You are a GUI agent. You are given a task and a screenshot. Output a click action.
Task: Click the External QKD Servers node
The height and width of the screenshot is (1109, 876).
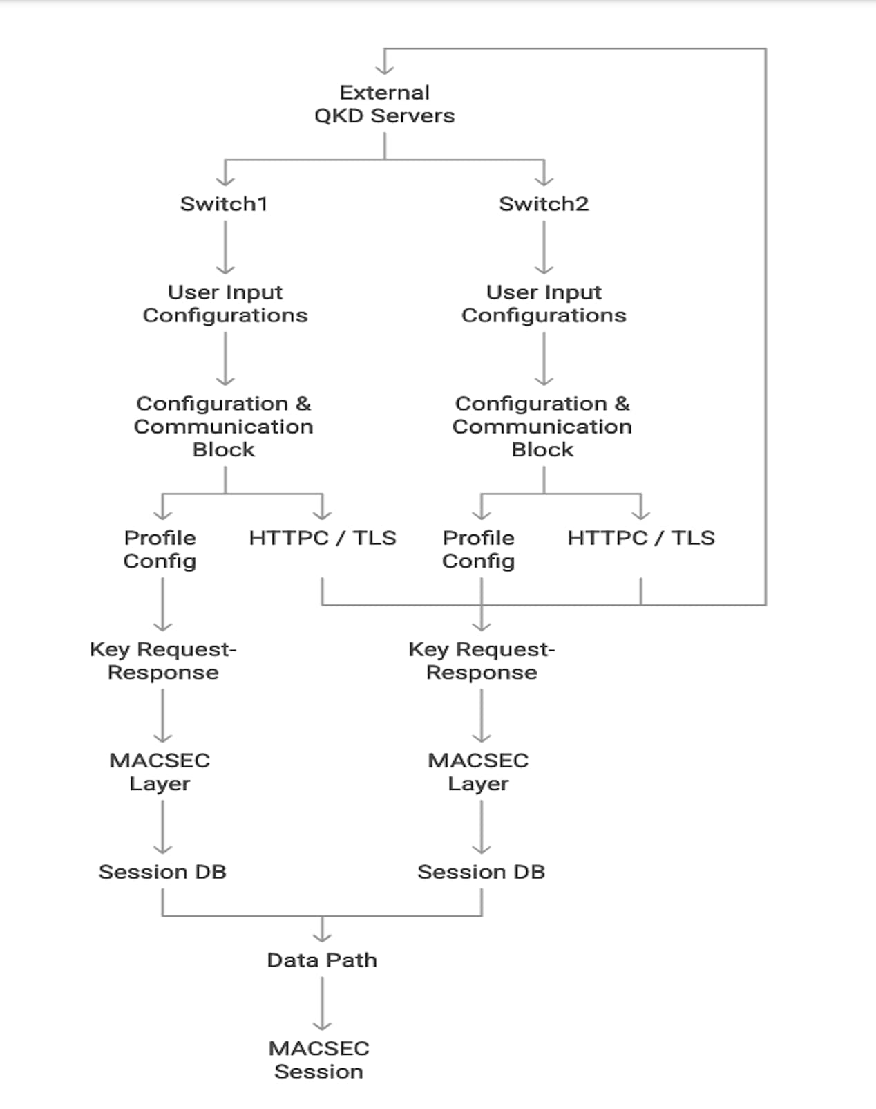(x=384, y=104)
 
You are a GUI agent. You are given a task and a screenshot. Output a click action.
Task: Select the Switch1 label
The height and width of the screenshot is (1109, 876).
(x=224, y=204)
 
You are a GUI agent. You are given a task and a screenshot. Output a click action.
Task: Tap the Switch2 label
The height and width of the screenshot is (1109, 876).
(x=544, y=204)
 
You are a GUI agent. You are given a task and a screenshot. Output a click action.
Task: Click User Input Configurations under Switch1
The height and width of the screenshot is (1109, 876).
(x=225, y=304)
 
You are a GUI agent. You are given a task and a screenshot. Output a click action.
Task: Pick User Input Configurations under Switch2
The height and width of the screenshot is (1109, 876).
(x=544, y=304)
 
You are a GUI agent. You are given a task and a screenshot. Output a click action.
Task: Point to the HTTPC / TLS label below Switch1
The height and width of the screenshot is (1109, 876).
(x=323, y=538)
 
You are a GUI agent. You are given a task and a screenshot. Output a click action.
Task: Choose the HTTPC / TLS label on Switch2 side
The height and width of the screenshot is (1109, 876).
(x=641, y=538)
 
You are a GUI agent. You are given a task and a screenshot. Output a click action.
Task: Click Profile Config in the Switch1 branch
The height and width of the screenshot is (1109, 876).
(x=160, y=549)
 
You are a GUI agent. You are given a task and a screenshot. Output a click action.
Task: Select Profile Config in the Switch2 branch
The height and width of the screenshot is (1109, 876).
(x=479, y=549)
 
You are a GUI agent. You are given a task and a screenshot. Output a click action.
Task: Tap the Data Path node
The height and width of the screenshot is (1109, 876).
(x=322, y=960)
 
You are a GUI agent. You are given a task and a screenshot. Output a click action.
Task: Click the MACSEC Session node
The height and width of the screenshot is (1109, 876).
(x=318, y=1059)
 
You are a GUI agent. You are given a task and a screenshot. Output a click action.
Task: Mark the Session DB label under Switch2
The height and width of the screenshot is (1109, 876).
(x=481, y=872)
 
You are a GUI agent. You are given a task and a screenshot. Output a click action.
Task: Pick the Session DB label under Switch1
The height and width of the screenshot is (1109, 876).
(x=162, y=872)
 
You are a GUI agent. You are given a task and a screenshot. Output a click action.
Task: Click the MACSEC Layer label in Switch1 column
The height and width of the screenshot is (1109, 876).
(x=160, y=772)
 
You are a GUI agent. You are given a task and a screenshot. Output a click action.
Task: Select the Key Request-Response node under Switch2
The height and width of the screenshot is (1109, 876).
(x=482, y=660)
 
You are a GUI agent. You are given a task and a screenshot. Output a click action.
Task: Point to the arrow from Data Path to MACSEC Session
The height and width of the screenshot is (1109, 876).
(x=322, y=1003)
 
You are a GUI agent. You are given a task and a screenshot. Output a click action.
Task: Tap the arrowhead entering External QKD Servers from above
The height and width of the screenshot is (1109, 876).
(x=384, y=68)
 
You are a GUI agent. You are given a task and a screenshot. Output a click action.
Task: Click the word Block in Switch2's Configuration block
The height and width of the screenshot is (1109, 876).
(x=542, y=449)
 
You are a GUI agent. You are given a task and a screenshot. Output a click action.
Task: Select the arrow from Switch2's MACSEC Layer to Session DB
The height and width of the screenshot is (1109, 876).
(x=482, y=826)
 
